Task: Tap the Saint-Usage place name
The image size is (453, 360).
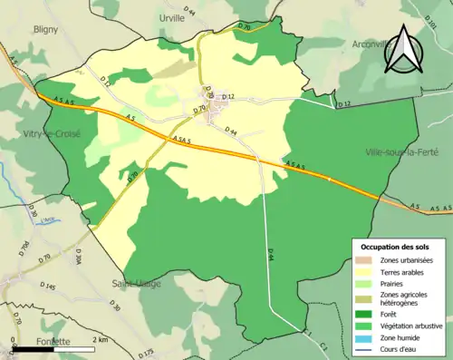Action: coord(137,283)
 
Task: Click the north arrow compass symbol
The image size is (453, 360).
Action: coord(400,50)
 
